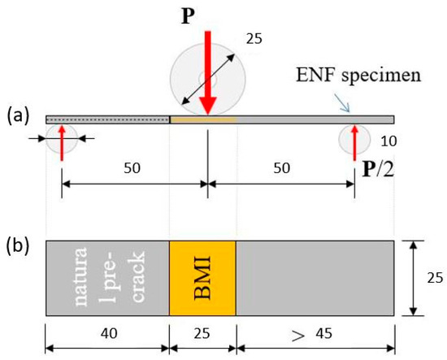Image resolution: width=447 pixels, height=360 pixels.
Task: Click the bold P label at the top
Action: (x=208, y=14)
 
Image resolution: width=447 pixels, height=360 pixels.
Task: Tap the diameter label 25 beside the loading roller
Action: (x=255, y=37)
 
